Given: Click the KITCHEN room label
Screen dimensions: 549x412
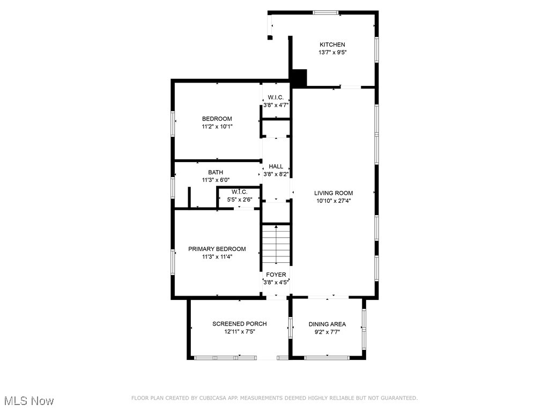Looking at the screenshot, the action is point(332,45).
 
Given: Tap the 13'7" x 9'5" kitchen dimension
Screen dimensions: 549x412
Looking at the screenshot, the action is point(332,53).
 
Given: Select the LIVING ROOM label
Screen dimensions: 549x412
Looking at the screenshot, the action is point(333,193).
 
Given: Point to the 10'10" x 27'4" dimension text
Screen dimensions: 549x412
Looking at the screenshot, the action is point(333,201).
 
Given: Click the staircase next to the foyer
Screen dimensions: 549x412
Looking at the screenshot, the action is point(276,244).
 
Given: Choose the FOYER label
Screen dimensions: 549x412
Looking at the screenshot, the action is point(276,275).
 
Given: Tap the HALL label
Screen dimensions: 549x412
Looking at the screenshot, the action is point(276,166).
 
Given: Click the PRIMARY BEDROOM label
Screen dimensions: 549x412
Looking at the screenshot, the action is point(217,249).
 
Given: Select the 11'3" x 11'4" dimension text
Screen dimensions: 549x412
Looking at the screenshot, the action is point(217,257).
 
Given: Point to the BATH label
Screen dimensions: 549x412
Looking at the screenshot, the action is point(216,172).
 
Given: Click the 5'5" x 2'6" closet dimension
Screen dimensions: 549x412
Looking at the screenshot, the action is point(240,200).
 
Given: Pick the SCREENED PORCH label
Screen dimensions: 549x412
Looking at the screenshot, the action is point(240,324).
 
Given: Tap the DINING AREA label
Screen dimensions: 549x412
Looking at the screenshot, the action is point(328,325).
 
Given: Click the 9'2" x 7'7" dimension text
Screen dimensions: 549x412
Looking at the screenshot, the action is point(328,332).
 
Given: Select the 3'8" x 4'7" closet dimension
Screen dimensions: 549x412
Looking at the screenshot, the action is point(276,105).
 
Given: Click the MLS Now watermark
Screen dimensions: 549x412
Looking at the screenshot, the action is point(29,401).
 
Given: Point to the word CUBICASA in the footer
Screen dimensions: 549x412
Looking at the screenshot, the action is point(213,398).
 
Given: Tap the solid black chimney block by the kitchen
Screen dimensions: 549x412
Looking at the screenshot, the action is point(299,78).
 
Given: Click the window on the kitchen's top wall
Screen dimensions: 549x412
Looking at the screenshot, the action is point(326,13).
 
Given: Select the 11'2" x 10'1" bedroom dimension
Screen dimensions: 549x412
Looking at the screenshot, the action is point(217,127).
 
